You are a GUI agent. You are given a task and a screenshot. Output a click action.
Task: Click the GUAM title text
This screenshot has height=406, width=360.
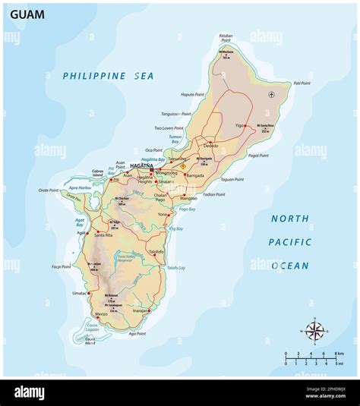click(27, 14)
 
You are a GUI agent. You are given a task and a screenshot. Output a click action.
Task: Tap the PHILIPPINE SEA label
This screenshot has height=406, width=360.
click(108, 76)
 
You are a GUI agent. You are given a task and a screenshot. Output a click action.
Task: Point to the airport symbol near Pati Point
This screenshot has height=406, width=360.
click(272, 95)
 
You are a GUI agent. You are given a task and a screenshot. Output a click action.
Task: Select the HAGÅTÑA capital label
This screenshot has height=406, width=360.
click(142, 165)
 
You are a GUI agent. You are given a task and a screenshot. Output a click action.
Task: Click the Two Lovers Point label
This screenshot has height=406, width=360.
click(169, 128)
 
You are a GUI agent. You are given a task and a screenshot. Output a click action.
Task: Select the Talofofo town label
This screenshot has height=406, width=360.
click(156, 251)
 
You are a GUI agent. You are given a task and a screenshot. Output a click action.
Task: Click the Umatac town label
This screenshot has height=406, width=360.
click(79, 292)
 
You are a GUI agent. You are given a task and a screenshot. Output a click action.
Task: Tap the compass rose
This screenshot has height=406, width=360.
click(313, 331)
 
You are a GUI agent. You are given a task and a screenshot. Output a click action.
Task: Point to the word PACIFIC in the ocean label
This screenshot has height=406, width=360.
click(290, 242)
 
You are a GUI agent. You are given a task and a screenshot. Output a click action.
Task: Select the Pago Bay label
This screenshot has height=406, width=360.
click(187, 209)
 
